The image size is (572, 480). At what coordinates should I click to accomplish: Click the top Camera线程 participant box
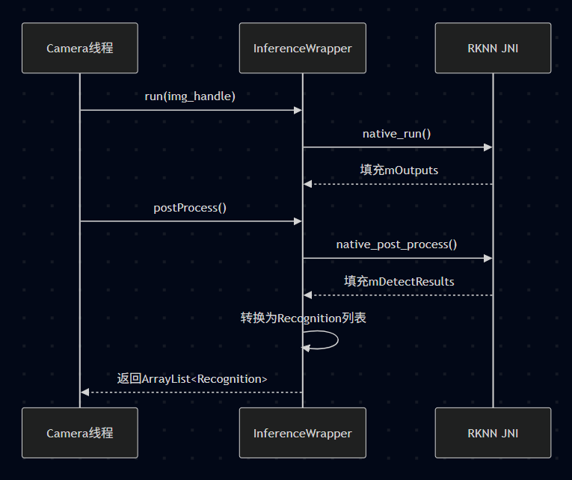click(x=80, y=48)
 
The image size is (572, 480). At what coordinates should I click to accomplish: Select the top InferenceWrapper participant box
click(x=303, y=48)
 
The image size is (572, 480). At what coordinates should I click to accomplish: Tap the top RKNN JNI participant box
click(x=493, y=48)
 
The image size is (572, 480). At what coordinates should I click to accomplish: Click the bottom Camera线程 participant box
click(x=80, y=433)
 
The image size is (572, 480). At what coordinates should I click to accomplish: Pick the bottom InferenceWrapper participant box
click(x=303, y=433)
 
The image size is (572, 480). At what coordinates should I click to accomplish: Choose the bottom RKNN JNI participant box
click(x=493, y=433)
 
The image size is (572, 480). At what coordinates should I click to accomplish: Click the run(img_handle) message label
click(x=190, y=96)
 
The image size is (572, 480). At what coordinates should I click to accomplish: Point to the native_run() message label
click(x=397, y=134)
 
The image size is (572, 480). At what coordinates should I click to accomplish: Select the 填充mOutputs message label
click(x=399, y=170)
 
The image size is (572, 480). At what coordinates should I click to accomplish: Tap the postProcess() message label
click(x=190, y=208)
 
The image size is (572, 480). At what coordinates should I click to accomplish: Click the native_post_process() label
click(x=397, y=244)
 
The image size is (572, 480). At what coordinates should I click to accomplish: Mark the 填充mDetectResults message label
click(x=399, y=282)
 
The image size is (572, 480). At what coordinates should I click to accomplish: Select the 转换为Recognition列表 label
click(x=303, y=319)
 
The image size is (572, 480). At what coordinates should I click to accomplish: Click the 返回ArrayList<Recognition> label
click(x=192, y=379)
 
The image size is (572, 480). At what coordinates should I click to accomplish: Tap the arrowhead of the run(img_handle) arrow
click(x=298, y=110)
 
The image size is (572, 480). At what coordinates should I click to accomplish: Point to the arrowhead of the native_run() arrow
click(x=488, y=147)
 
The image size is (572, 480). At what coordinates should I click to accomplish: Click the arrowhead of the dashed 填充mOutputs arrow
click(x=308, y=184)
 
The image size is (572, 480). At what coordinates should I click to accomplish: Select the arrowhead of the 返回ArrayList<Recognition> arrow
click(x=85, y=392)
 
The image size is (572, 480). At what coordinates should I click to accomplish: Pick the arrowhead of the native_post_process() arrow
click(x=488, y=258)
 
